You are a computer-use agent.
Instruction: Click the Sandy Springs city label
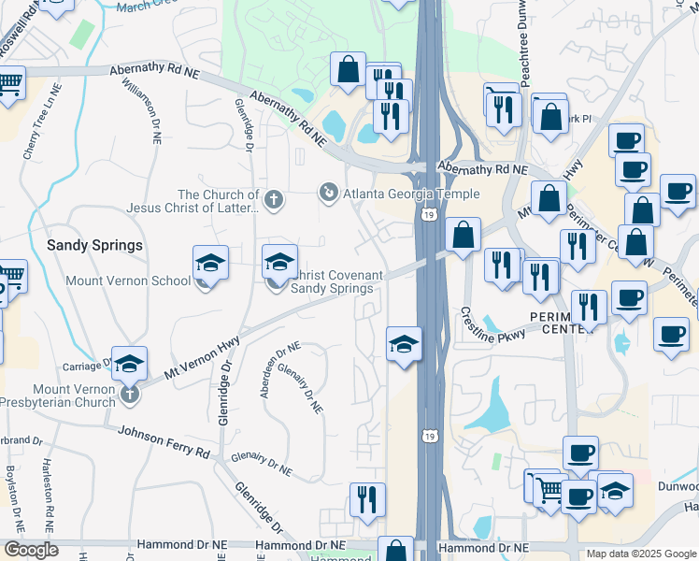pos(95,245)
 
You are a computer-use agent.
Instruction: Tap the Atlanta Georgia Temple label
pos(412,194)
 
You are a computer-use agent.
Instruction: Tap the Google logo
pos(31,550)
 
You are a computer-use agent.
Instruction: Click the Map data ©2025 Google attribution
pos(641,554)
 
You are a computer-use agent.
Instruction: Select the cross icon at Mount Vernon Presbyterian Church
pos(130,396)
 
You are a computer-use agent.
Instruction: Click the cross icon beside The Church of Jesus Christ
pos(274,198)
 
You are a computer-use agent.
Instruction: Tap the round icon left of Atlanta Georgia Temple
pos(329,194)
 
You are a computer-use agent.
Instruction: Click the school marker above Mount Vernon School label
pos(211,265)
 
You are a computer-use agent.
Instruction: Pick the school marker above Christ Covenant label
pos(279,264)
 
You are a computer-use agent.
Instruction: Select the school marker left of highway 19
pos(404,344)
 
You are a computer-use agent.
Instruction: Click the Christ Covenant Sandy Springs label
pos(333,281)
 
